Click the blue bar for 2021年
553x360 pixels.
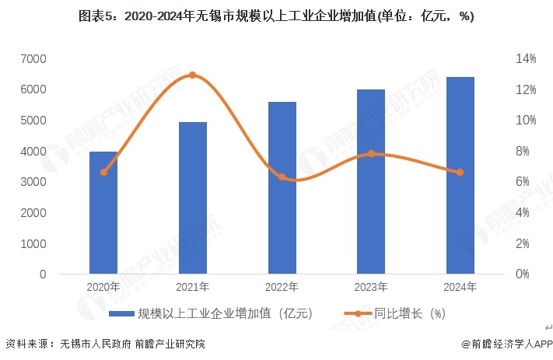(x=193, y=198)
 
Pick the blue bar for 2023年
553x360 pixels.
(x=371, y=182)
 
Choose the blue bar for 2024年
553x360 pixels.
(x=460, y=176)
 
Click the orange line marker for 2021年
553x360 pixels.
(x=193, y=75)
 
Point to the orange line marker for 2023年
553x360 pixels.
(x=371, y=154)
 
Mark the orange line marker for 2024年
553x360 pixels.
(x=460, y=173)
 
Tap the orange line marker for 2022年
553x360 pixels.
(x=282, y=177)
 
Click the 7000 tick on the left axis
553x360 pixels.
(x=33, y=59)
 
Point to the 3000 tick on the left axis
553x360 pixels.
(x=33, y=182)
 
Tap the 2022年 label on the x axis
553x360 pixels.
(x=282, y=287)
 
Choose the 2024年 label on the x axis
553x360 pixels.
(x=460, y=287)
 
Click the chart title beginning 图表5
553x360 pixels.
(x=276, y=16)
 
